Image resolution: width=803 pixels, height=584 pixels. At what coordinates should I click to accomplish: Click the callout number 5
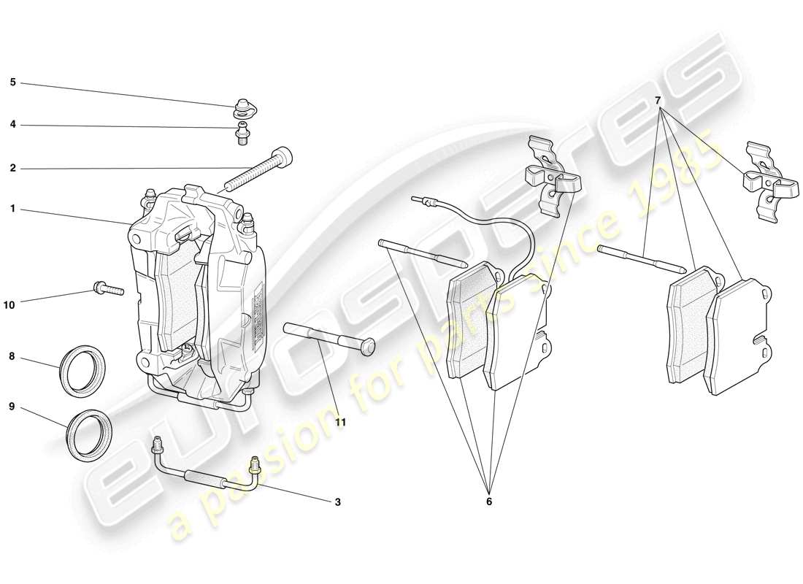pyautogui.click(x=12, y=82)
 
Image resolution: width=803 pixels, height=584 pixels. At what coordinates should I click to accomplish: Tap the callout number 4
pyautogui.click(x=12, y=125)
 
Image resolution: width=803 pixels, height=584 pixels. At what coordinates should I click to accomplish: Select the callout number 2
pyautogui.click(x=12, y=168)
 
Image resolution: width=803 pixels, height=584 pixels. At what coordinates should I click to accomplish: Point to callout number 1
pyautogui.click(x=12, y=209)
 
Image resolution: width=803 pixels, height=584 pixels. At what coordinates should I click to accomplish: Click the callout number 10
pyautogui.click(x=9, y=305)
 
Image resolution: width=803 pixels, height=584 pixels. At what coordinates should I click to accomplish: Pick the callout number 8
pyautogui.click(x=12, y=358)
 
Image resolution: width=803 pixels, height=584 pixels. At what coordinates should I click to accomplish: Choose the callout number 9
pyautogui.click(x=12, y=407)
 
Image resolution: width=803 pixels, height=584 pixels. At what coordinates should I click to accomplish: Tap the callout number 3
pyautogui.click(x=337, y=502)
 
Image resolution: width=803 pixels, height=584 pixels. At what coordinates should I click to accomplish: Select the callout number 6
pyautogui.click(x=489, y=502)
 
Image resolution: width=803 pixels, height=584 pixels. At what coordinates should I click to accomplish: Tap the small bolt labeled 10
pyautogui.click(x=107, y=290)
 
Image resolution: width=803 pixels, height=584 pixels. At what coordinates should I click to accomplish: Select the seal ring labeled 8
pyautogui.click(x=82, y=372)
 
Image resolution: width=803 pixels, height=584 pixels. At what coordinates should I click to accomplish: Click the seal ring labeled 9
pyautogui.click(x=90, y=436)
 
